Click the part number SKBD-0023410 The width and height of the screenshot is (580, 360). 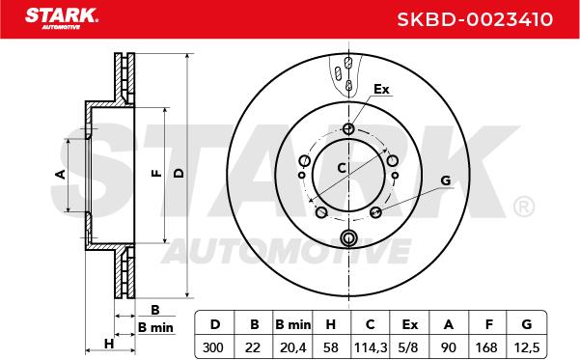coord(475,19)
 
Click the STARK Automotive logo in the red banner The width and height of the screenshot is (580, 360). coord(62,18)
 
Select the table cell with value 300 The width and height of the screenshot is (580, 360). coord(213,347)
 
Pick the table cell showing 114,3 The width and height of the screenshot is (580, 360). coord(371,347)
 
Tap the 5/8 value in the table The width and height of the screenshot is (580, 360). coord(409,347)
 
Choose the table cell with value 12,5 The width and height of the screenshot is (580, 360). coord(527,347)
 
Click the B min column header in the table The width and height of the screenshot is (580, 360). coord(293,325)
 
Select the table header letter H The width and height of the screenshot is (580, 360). coord(331,325)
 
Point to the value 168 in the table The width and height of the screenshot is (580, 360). coord(486,347)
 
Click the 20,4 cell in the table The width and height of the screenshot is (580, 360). coord(293,347)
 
